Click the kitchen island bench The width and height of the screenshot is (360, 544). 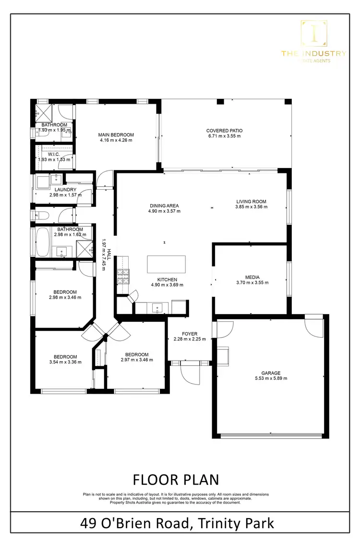tap(166, 264)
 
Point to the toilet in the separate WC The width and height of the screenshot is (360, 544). tap(38, 215)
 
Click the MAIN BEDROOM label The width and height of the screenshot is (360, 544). tap(116, 135)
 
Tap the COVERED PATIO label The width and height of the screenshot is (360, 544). tap(224, 131)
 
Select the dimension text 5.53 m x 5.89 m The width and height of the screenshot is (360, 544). tap(271, 378)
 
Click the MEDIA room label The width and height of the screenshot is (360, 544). tap(252, 277)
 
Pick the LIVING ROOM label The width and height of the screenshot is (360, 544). tap(251, 201)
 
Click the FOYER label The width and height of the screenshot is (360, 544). tap(190, 334)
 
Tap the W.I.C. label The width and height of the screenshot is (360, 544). tap(54, 154)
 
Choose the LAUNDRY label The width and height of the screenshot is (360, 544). tap(62, 190)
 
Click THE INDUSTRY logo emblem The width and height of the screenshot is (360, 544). tap(313, 33)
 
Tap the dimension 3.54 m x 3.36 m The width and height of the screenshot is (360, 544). tap(65, 362)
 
